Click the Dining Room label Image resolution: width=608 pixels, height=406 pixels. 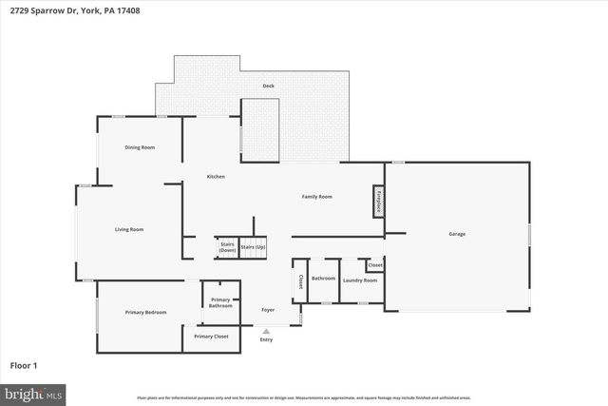click(140, 147)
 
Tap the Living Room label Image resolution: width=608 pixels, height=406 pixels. click(129, 229)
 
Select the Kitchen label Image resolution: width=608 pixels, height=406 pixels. click(216, 177)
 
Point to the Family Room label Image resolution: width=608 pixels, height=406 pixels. click(316, 197)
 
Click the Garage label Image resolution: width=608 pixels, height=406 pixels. click(457, 234)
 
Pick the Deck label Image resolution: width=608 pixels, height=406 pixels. click(269, 87)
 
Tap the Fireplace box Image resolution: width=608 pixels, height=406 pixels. click(378, 202)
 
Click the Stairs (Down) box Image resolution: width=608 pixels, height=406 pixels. click(226, 247)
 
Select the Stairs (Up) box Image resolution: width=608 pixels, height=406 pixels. click(253, 247)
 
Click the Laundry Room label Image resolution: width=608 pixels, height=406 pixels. click(360, 280)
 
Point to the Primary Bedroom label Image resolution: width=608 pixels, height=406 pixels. click(145, 312)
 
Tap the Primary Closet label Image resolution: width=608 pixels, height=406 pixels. click(211, 337)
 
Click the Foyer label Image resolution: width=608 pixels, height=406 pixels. click(268, 310)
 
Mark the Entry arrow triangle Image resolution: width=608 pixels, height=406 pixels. click(266, 331)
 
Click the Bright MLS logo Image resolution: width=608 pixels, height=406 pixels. click(33, 392)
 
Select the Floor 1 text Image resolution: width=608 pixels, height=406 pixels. click(23, 365)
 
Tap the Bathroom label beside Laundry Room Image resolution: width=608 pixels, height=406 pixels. click(323, 279)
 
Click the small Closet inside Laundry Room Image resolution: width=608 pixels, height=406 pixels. click(374, 265)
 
